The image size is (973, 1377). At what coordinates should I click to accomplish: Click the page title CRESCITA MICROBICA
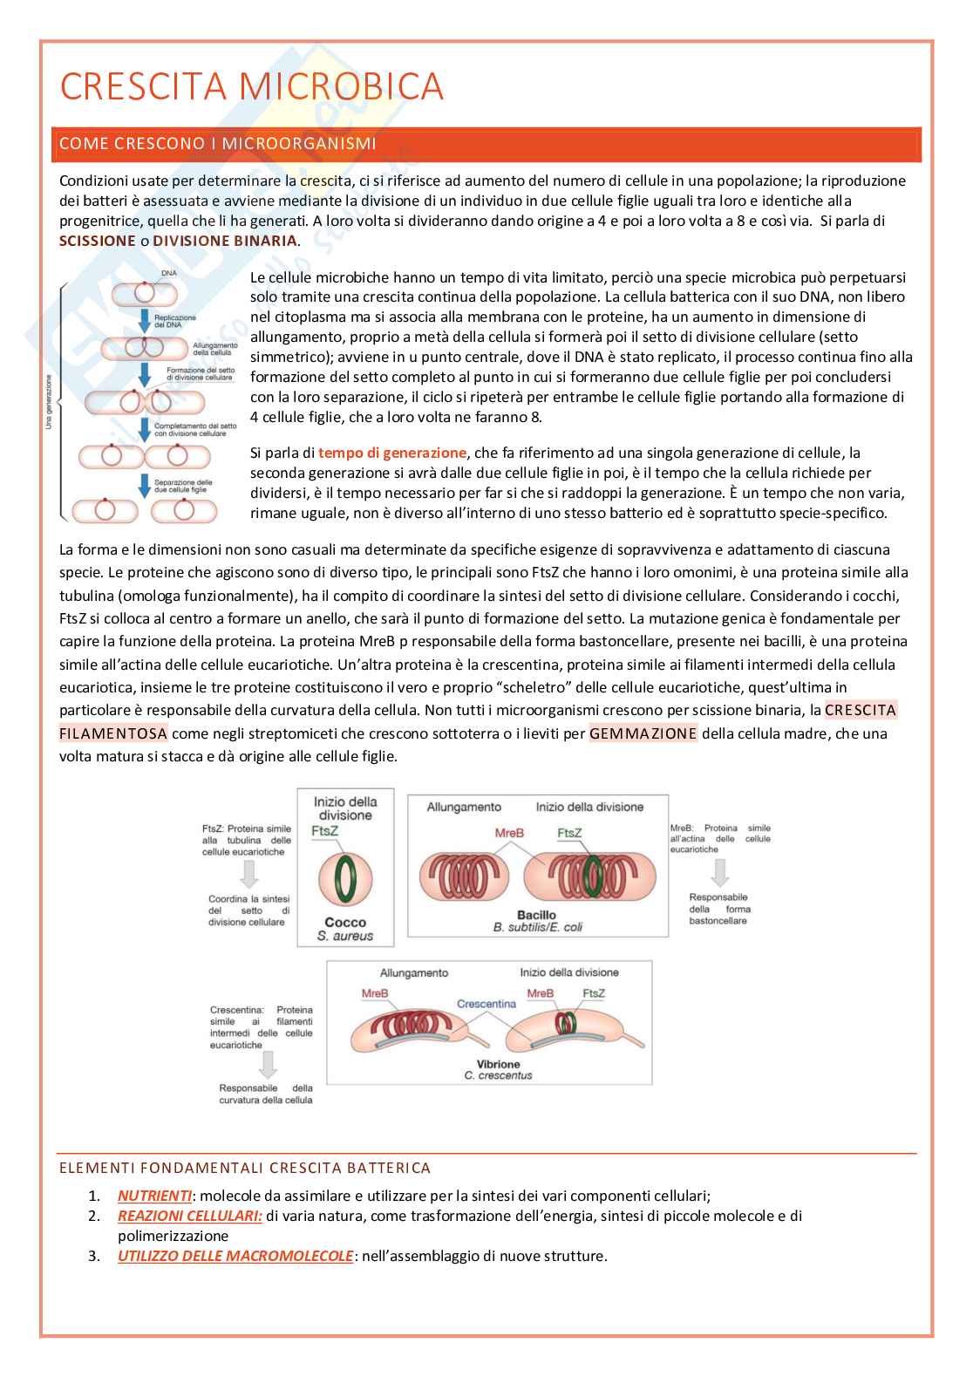pos(252,87)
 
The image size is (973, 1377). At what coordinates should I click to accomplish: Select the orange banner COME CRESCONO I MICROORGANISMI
pos(218,144)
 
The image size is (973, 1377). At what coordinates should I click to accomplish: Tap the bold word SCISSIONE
pos(97,241)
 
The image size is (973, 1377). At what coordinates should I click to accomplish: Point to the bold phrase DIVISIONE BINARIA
pos(225,241)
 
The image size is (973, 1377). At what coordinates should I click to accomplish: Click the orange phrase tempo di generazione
pos(392,453)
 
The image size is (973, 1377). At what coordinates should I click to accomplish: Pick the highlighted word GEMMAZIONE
pos(643,733)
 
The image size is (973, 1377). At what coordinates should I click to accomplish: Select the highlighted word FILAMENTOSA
pos(113,733)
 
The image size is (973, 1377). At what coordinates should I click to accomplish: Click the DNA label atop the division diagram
pos(169,274)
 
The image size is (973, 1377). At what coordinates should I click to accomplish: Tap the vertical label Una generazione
pos(49,402)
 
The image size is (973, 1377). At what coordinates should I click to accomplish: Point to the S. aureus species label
pos(345,936)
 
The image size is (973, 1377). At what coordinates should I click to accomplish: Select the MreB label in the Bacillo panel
pos(509,833)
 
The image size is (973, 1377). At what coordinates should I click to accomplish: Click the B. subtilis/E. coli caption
pos(538,927)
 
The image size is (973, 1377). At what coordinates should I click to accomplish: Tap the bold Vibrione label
pos(499,1064)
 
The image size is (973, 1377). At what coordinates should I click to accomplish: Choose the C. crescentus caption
pos(499,1076)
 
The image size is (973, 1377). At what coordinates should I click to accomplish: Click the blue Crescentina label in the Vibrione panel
pos(486,1004)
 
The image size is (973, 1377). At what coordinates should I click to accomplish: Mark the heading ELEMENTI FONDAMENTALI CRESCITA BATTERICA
pos(245,1168)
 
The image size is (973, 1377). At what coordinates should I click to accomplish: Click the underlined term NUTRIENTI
pos(154,1196)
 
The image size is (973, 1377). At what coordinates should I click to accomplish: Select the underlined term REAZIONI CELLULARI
pos(190,1216)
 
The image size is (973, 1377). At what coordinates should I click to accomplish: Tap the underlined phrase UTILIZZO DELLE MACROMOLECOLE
pos(235,1256)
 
